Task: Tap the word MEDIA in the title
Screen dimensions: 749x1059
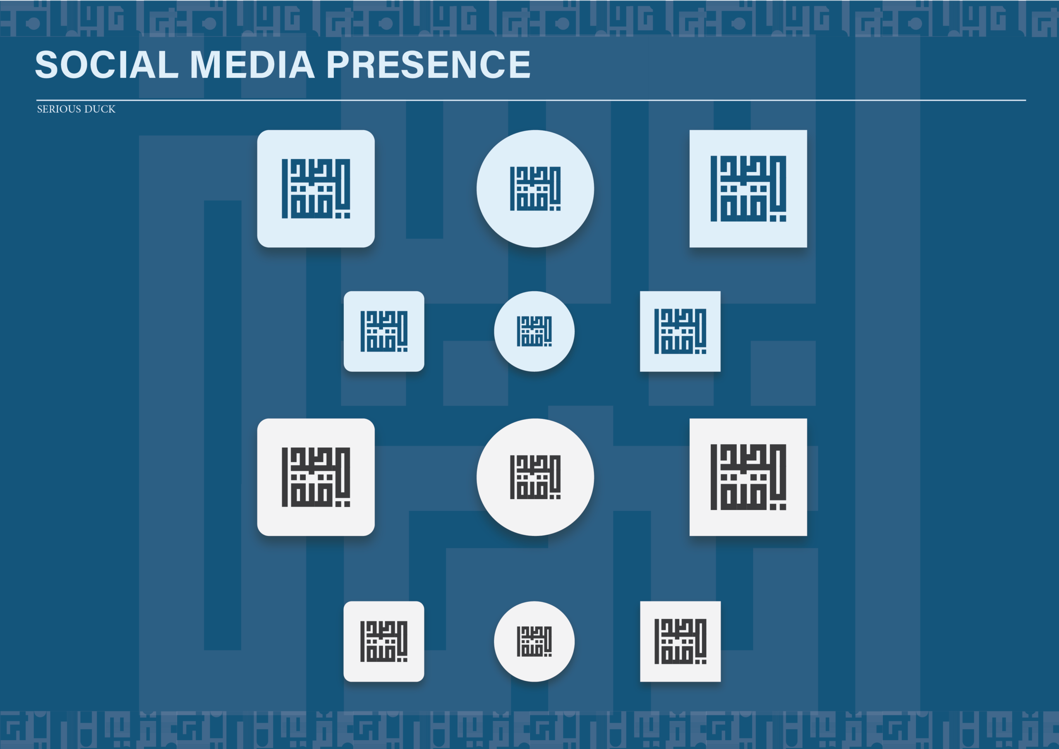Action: pos(252,65)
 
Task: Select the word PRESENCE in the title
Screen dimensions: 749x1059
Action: pos(429,65)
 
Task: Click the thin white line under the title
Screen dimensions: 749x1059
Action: pos(530,100)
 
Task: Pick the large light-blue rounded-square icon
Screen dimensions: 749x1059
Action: pos(316,189)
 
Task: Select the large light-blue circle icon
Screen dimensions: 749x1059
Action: pos(535,189)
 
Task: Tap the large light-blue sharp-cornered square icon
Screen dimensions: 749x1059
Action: pos(748,189)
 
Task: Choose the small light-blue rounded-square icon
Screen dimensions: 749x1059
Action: pos(384,331)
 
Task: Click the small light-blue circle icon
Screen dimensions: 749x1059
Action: pos(534,331)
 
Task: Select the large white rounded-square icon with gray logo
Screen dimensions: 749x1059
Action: pos(316,477)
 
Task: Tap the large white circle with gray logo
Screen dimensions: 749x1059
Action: pos(535,477)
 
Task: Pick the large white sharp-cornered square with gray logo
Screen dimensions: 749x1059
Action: pos(748,477)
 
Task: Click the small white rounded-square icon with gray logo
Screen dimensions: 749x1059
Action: pos(384,641)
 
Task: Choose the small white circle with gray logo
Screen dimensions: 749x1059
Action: pos(534,641)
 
